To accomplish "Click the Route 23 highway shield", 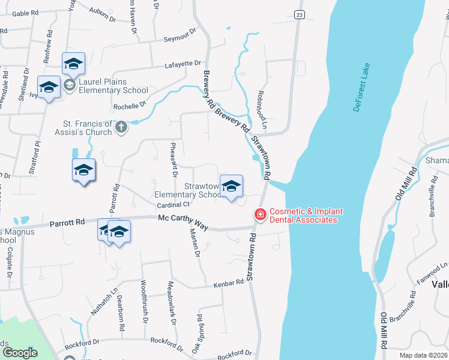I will click(x=299, y=14).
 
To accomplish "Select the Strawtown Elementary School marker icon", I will click(x=231, y=187).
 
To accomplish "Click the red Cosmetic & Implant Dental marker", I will click(x=261, y=214).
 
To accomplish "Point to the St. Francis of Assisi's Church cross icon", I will click(x=121, y=127).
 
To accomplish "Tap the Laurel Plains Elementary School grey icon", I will click(x=70, y=86).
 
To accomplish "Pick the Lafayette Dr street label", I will click(x=184, y=63).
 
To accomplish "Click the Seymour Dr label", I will click(x=180, y=35).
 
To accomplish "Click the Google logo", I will click(x=20, y=352).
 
